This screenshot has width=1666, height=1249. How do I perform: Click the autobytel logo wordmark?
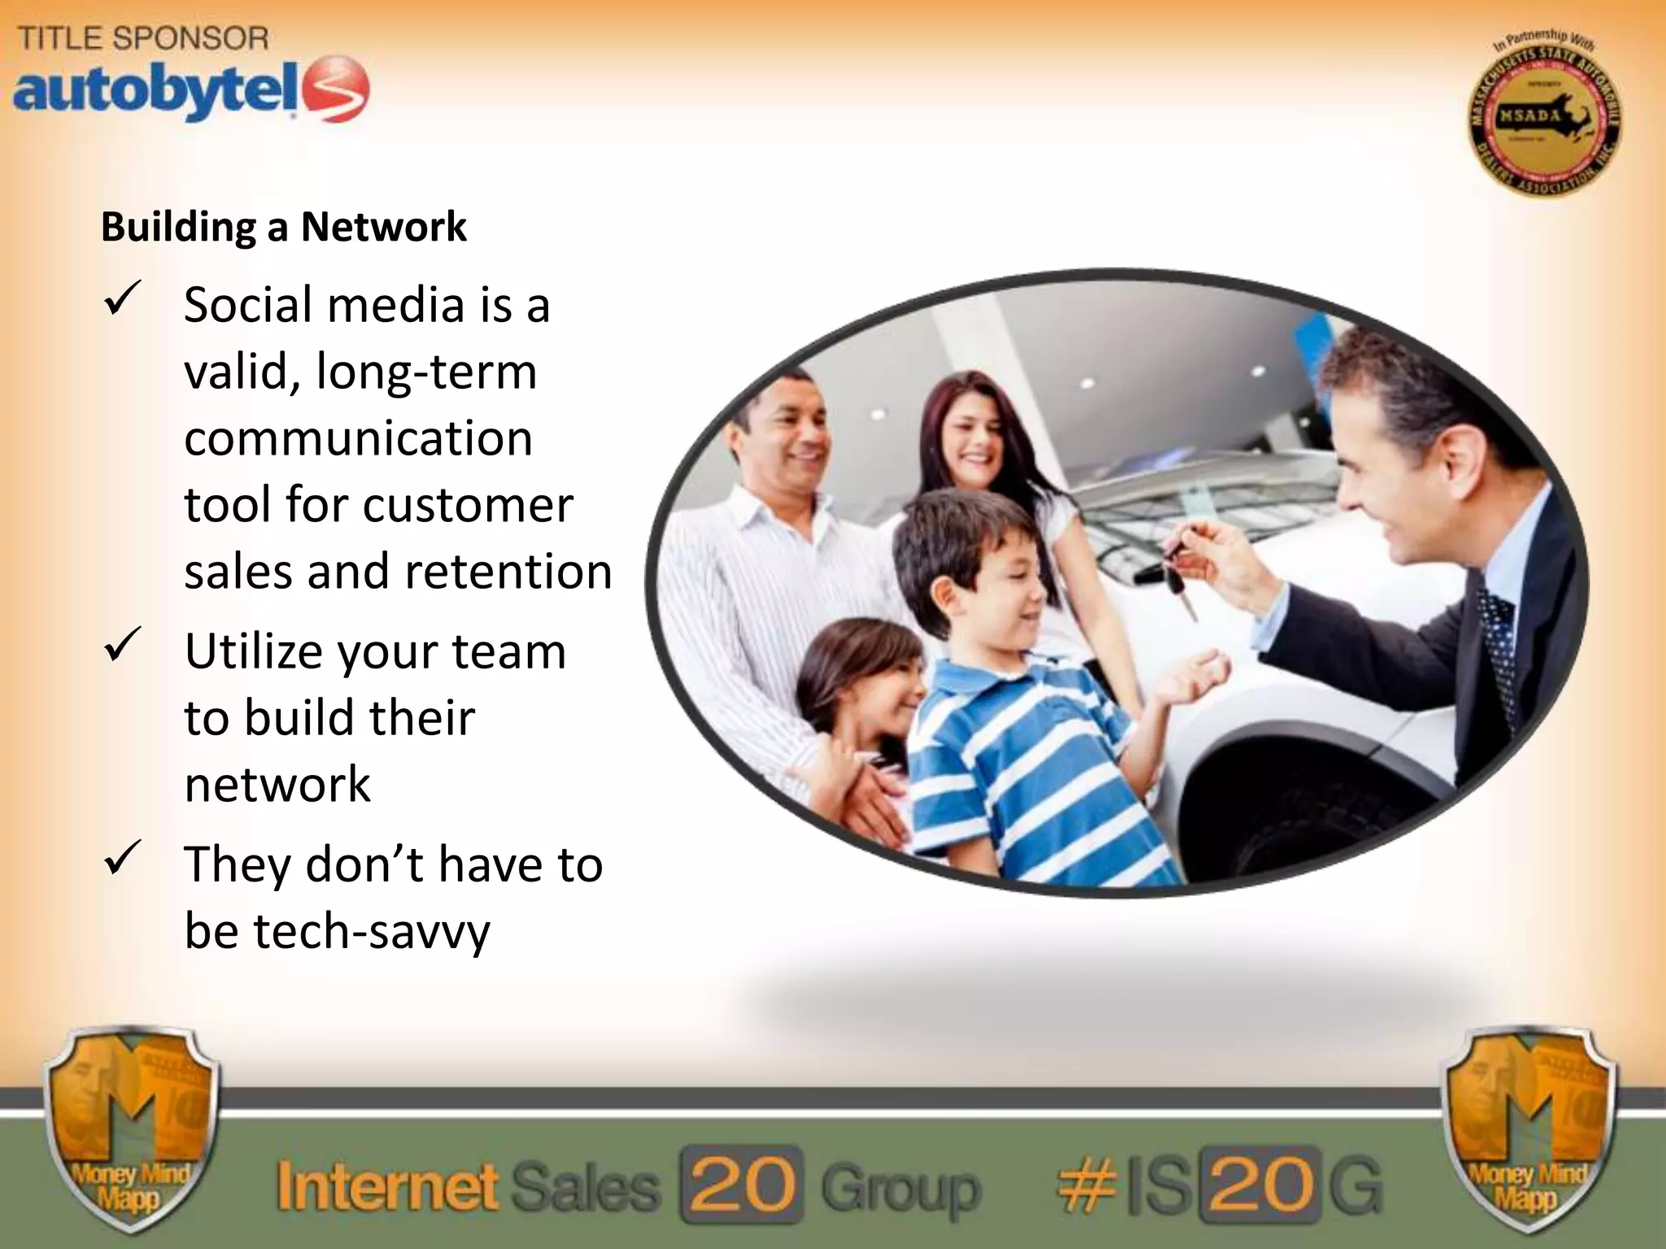point(155,91)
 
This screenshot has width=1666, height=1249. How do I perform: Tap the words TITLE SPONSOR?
point(143,38)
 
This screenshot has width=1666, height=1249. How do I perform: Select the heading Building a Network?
point(284,227)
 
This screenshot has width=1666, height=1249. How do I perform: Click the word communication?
point(358,438)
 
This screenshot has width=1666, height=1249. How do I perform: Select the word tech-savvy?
point(372,932)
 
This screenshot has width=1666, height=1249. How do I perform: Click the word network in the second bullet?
point(277,785)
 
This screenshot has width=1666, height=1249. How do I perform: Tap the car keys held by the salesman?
point(1176,569)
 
